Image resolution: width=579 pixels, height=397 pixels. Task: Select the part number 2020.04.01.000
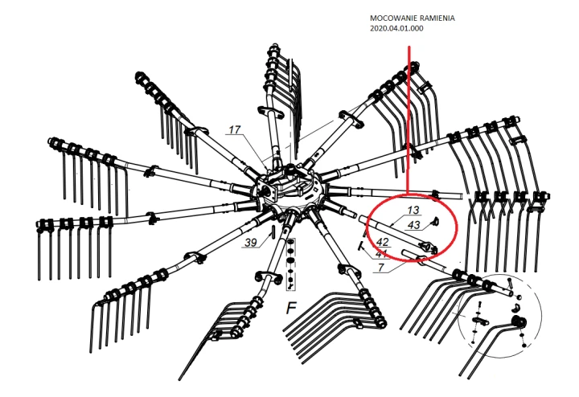point(396,29)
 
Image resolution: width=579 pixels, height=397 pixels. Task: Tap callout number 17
point(234,129)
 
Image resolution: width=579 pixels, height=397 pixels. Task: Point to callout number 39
point(250,242)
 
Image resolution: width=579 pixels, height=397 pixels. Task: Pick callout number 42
point(383,241)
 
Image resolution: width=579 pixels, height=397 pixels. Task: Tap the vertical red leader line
point(409,121)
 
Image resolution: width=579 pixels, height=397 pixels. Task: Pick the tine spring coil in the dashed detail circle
point(519,323)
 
